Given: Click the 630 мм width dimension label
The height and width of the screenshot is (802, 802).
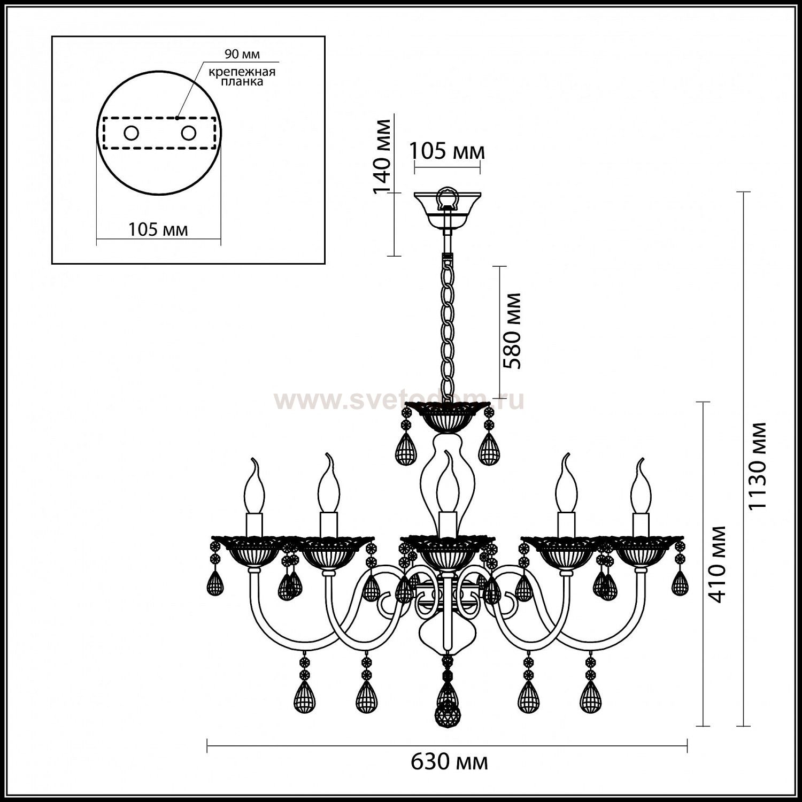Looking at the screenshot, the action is click(x=449, y=761).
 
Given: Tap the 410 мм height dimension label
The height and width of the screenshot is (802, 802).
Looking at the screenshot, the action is click(x=717, y=564).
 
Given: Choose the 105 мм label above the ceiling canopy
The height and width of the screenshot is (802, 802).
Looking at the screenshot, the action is click(x=448, y=151).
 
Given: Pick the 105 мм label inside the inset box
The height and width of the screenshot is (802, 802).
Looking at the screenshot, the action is click(x=158, y=229).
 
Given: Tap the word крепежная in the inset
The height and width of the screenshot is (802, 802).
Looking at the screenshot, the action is click(x=242, y=72).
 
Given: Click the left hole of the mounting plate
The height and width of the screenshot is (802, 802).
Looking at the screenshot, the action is click(x=131, y=133).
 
